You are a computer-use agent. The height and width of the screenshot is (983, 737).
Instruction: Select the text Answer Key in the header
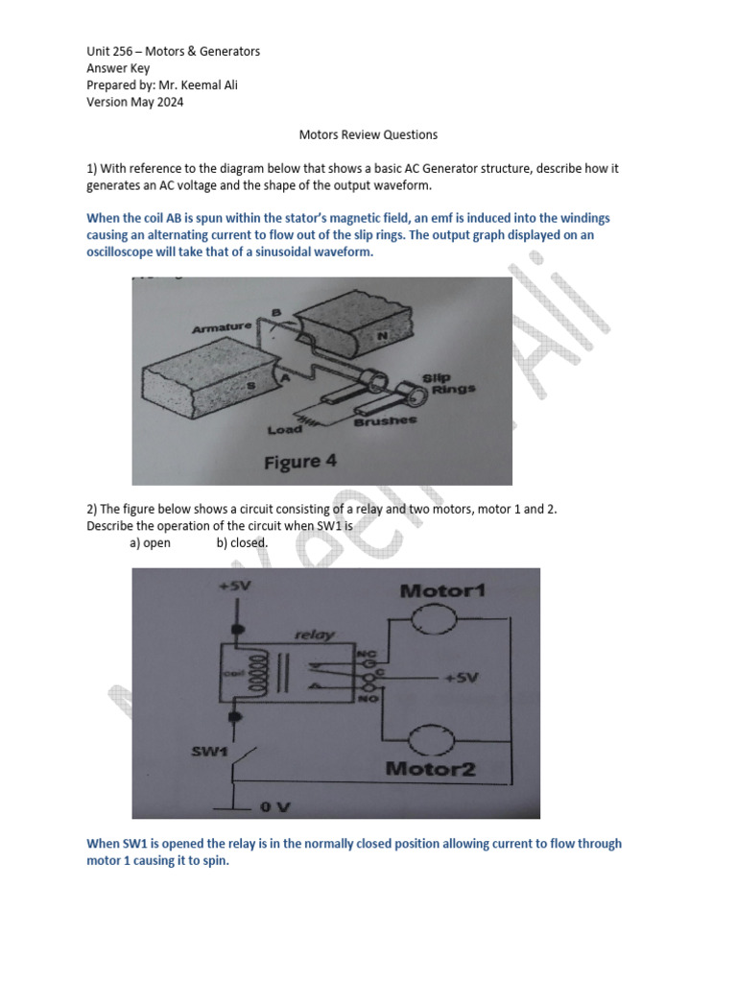(x=118, y=68)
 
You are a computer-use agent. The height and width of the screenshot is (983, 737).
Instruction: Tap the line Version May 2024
(x=134, y=102)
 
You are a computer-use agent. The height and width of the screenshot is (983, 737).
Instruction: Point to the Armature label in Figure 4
(x=222, y=328)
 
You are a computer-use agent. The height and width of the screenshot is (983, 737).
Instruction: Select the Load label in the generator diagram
(x=285, y=429)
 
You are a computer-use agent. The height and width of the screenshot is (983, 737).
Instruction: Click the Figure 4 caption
(x=300, y=462)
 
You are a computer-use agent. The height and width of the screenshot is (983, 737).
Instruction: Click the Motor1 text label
(x=442, y=590)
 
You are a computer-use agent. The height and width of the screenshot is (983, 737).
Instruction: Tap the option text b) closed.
(x=242, y=542)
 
